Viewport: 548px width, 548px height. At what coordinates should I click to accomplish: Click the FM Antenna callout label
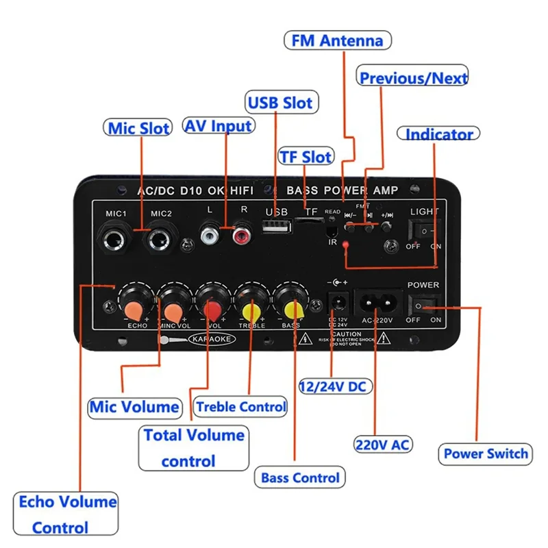pyautogui.click(x=337, y=40)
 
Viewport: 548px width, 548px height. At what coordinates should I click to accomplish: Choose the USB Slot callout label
pyautogui.click(x=279, y=103)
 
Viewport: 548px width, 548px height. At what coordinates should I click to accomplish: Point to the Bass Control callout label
pyautogui.click(x=300, y=477)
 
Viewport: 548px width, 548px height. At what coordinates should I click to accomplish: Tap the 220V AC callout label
pyautogui.click(x=382, y=445)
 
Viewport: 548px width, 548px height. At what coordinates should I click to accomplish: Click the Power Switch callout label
pyautogui.click(x=486, y=453)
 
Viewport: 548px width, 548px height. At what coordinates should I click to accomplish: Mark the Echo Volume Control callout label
pyautogui.click(x=67, y=514)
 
